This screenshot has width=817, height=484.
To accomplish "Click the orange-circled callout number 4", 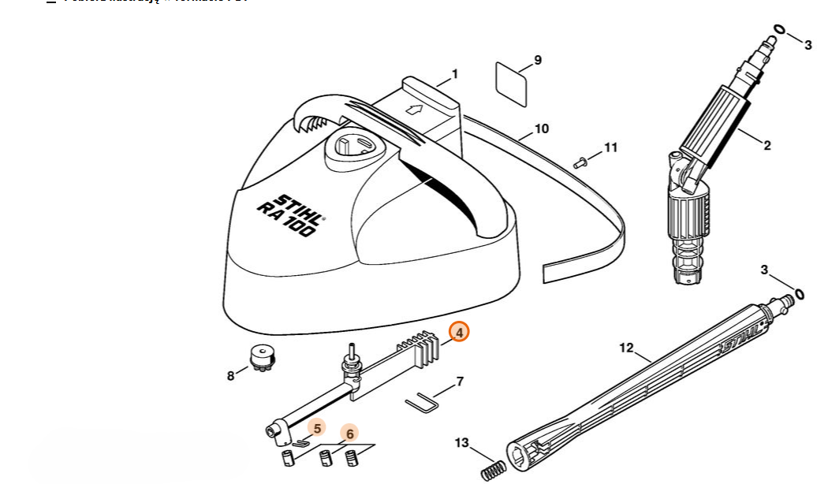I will [459, 333].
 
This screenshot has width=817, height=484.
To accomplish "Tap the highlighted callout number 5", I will [317, 428].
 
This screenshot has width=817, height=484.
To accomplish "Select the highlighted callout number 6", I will [349, 434].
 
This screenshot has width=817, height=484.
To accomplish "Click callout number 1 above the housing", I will [455, 75].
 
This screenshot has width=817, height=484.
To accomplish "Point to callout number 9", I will [538, 60].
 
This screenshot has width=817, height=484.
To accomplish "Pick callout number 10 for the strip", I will [542, 128].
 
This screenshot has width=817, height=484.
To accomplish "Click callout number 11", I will [612, 147].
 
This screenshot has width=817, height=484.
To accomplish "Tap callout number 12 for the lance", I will [627, 348].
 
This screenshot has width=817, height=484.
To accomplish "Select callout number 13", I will [462, 443].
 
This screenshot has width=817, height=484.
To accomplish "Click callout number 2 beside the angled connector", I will [767, 145].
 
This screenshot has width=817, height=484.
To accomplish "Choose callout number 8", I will [231, 376].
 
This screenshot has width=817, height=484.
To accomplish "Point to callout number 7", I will [460, 382].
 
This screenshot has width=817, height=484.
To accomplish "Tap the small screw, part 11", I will [582, 163].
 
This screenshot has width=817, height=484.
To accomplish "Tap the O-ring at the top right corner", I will [779, 30].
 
